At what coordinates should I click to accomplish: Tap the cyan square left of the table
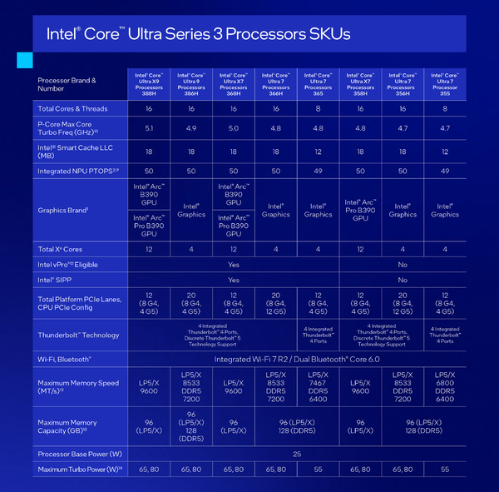pos(24,60)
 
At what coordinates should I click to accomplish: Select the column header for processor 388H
pos(149,83)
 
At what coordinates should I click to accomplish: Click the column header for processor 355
pos(445,83)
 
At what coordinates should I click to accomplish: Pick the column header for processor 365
pos(318,83)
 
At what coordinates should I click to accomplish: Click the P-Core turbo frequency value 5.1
pos(149,128)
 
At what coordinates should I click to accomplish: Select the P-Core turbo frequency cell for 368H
pos(234,128)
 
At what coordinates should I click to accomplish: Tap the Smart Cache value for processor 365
pos(318,152)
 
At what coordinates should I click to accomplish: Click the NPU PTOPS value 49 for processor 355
pos(445,170)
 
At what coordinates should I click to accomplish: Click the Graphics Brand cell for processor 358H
pos(360,210)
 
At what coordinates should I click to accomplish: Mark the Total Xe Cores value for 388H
pos(149,249)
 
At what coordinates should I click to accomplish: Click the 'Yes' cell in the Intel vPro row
pos(234,265)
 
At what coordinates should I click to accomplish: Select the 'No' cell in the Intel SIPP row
pos(403,281)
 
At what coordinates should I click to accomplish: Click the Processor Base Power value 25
pos(297,455)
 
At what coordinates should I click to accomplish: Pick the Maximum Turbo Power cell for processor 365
pos(318,470)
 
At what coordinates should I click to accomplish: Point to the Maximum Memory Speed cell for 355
pos(445,387)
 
